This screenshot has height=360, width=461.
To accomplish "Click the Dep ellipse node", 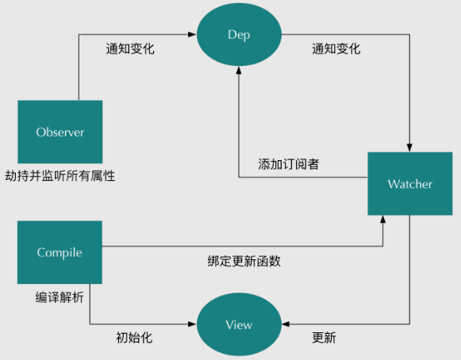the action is click(x=239, y=35).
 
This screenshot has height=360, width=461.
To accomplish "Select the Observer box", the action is click(x=60, y=132).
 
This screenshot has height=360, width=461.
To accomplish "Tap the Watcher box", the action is click(x=410, y=184).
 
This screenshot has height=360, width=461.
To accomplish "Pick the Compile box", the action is click(x=60, y=252).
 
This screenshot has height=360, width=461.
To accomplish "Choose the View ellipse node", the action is click(x=239, y=324).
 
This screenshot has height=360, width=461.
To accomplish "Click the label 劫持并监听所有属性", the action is click(x=60, y=176).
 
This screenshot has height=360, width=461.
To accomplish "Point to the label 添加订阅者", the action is click(x=289, y=164).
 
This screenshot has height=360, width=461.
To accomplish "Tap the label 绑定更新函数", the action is click(x=244, y=261).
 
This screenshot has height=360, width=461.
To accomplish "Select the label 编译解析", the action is click(x=60, y=297).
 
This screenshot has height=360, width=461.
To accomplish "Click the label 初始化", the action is click(x=134, y=338).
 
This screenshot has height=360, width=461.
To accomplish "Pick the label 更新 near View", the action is click(x=324, y=338).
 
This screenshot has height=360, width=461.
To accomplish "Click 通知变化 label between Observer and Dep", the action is click(x=130, y=48).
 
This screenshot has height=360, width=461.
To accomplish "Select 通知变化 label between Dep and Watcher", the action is click(x=336, y=48).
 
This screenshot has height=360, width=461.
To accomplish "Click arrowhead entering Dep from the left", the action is click(x=192, y=34).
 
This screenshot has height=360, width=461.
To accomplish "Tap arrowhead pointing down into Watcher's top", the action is click(x=409, y=147).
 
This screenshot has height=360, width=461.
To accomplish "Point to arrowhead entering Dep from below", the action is click(x=239, y=71).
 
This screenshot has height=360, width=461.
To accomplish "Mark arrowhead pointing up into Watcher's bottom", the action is click(x=382, y=219).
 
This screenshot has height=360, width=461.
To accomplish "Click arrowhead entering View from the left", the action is click(x=192, y=324).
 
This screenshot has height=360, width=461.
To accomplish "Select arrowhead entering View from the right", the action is click(x=286, y=324).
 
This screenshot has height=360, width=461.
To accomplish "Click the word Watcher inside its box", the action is click(x=410, y=184).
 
